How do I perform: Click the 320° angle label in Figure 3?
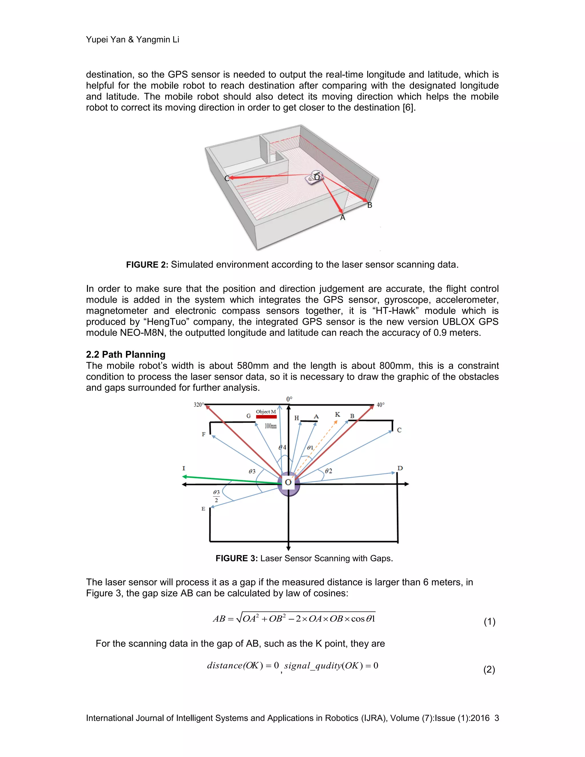click(198, 404)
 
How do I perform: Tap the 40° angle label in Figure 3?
click(380, 405)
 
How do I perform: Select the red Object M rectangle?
click(266, 416)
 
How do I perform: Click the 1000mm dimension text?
click(270, 426)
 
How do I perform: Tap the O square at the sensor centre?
click(288, 482)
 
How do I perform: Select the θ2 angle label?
click(328, 471)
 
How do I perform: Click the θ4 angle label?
click(283, 447)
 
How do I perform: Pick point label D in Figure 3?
click(400, 468)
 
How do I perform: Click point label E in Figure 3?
click(203, 509)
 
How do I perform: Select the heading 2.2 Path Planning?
click(125, 354)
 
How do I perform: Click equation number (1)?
click(489, 622)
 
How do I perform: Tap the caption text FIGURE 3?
click(236, 558)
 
